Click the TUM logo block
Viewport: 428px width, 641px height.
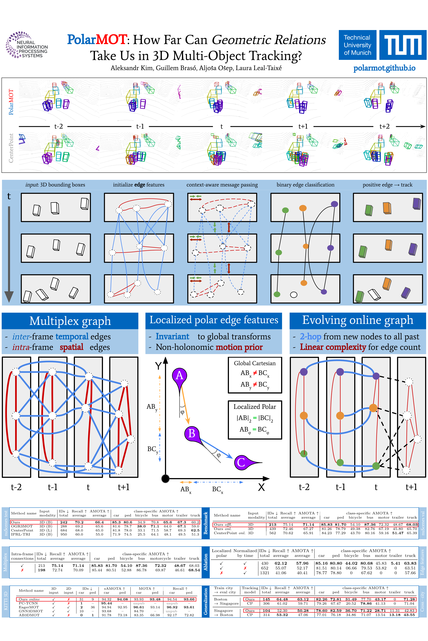(403, 45)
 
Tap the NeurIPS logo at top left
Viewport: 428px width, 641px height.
(27, 45)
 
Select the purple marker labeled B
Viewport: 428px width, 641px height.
(192, 433)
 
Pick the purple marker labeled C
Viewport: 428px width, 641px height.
(241, 462)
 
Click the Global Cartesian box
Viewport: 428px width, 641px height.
(255, 375)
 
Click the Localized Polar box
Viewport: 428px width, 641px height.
(255, 420)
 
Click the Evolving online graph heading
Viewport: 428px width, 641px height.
(358, 320)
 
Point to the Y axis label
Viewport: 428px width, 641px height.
(158, 366)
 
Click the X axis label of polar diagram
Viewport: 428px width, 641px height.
(261, 487)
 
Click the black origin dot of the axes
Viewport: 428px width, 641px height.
(165, 478)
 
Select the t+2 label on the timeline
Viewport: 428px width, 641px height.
(384, 126)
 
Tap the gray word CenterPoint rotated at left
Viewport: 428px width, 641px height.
(11, 148)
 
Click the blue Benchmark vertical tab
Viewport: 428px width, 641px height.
(206, 523)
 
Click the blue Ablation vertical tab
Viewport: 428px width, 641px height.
(206, 562)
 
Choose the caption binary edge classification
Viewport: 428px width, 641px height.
(305, 185)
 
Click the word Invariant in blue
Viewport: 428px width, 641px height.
(172, 337)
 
